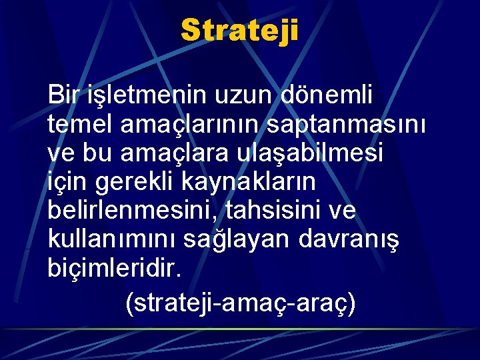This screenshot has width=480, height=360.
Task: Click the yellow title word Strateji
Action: (239, 31)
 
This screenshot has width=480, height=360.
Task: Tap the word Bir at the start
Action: (64, 95)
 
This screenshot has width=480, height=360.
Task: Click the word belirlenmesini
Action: (133, 211)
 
